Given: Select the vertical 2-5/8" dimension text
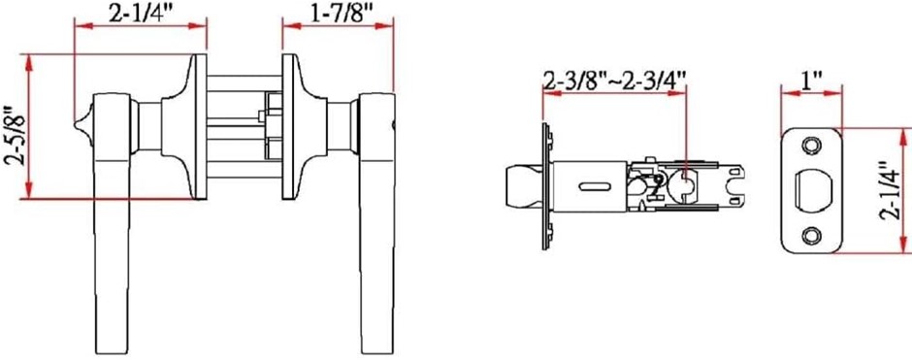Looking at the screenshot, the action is pos(13,136).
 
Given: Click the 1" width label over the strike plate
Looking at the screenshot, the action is pos(810,81).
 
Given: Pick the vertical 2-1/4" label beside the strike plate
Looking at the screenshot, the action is pos(891,189).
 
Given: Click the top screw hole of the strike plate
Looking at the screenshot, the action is pos(809,145).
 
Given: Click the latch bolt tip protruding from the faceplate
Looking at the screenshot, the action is pos(523,186).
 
